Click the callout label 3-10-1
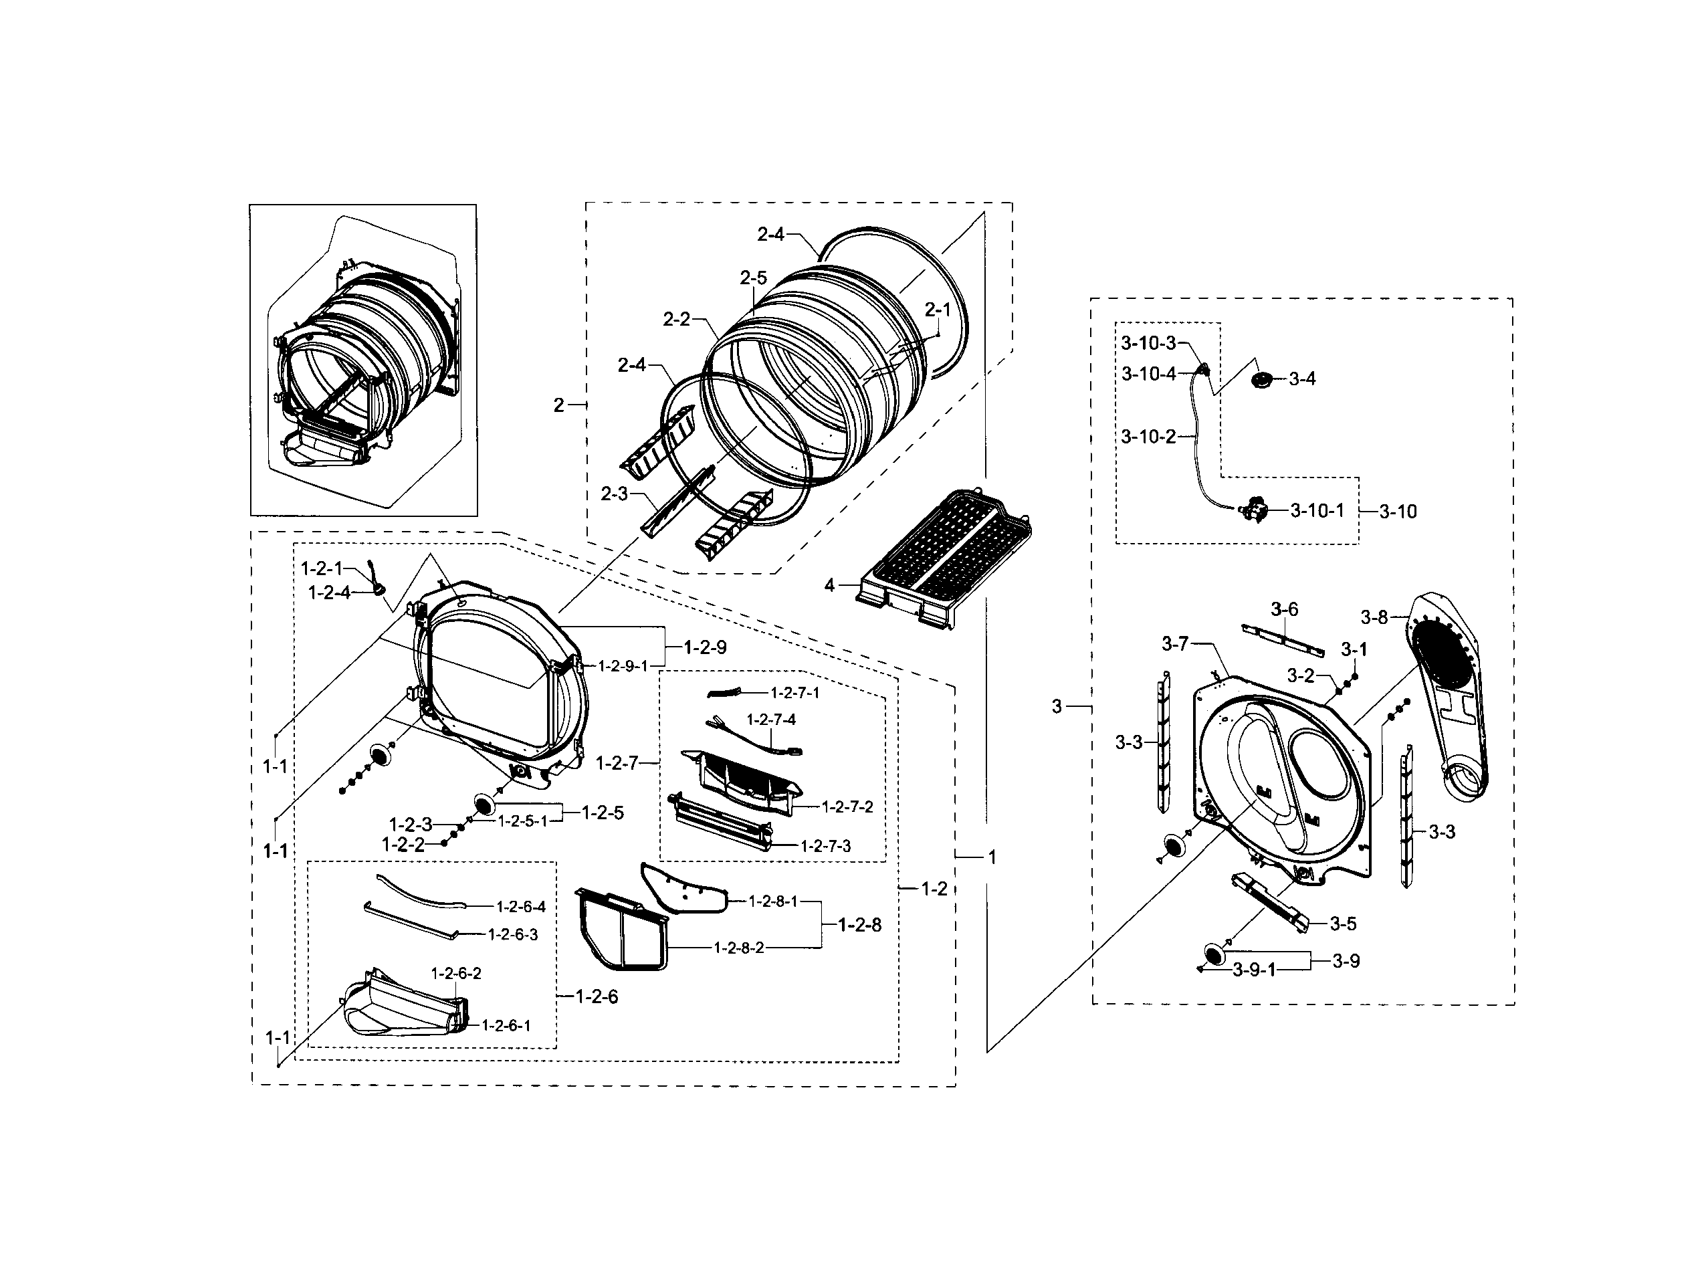click(1317, 510)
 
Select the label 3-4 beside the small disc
click(1302, 379)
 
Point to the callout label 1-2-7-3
click(826, 846)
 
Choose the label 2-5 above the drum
click(754, 278)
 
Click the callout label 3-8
click(1374, 617)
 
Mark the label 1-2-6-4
click(521, 907)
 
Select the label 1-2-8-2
click(739, 948)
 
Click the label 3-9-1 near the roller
click(1253, 970)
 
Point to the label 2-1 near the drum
click(938, 310)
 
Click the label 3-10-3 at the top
click(1148, 343)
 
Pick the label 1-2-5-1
click(522, 821)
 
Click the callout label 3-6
click(1284, 609)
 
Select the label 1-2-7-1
click(795, 693)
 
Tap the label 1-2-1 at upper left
click(321, 568)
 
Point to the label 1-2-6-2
click(456, 973)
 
